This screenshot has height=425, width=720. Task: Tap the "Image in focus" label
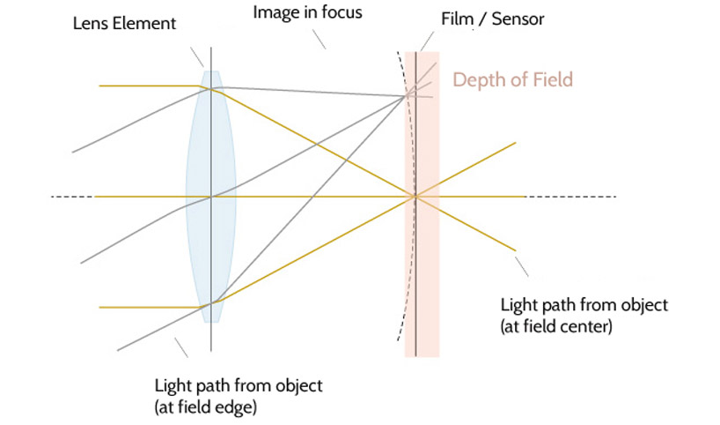pos(307,13)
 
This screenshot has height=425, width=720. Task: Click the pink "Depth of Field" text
pos(512,80)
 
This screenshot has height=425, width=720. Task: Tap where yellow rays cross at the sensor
pos(415,196)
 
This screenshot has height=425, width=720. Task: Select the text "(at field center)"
pos(556,326)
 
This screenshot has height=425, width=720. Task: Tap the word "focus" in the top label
pos(342,13)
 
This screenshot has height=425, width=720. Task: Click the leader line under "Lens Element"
pos(197,56)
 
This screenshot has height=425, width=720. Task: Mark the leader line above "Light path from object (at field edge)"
pos(180,347)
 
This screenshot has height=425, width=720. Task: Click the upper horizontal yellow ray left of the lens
pos(150,86)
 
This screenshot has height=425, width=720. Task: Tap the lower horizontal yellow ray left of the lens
pos(150,307)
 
